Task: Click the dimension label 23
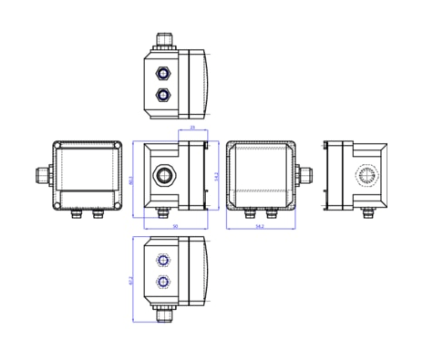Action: coord(192,129)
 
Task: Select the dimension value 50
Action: coord(175,226)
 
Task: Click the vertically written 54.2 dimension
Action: coord(216,176)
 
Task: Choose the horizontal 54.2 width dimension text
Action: coord(260,226)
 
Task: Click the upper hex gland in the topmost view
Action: coord(163,72)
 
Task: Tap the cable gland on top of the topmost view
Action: coord(164,40)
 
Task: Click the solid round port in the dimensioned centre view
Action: coord(164,173)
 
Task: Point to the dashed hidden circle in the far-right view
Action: coord(366,175)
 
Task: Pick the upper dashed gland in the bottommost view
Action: coord(163,260)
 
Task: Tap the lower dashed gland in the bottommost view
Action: coord(163,282)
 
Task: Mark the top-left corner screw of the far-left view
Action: coord(57,146)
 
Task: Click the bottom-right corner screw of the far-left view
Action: coord(118,205)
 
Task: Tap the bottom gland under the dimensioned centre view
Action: coord(163,214)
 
